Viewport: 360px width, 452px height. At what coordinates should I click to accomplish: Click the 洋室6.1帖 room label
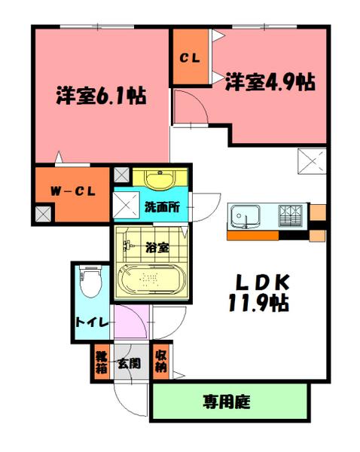(100, 96)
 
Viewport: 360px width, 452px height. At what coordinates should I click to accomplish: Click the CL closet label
(188, 57)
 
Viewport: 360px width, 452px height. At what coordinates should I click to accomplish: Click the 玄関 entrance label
(127, 364)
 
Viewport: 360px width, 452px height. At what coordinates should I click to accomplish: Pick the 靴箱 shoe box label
(100, 363)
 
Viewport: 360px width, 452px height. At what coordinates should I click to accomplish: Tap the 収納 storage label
(160, 363)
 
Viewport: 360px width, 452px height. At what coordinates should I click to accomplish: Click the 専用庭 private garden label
(230, 402)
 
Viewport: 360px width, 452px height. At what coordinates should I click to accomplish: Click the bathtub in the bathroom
(151, 281)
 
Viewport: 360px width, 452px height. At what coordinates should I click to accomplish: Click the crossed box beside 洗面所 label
(123, 204)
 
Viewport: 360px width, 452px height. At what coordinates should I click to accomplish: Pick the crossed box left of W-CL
(42, 215)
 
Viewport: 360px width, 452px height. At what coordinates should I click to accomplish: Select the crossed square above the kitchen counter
(311, 161)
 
